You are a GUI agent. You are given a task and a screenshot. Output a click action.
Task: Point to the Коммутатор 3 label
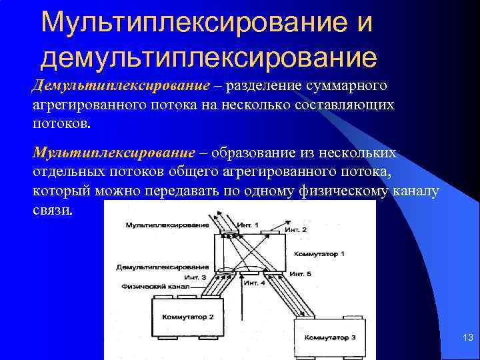(x=330, y=337)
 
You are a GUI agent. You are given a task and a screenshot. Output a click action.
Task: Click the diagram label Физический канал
(x=155, y=286)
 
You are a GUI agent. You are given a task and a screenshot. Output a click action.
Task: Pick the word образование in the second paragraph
(x=253, y=153)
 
